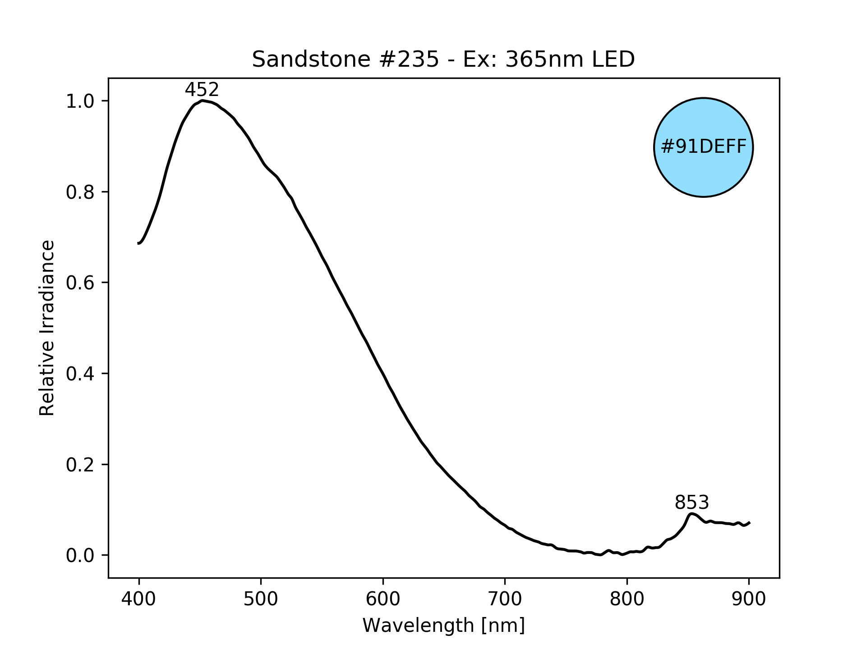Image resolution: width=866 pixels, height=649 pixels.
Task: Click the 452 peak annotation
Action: coord(202,90)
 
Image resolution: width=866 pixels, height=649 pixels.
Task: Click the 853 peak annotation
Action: coord(691,503)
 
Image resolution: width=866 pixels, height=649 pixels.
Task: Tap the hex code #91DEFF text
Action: coord(703,147)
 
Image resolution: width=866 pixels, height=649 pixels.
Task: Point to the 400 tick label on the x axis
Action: coord(138,599)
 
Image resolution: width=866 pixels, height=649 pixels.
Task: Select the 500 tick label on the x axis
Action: coord(261,599)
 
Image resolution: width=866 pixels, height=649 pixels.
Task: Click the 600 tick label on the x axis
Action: coord(383,599)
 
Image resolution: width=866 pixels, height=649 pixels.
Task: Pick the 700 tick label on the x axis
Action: coord(505,599)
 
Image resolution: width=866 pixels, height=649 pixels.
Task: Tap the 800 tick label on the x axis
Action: coord(627,599)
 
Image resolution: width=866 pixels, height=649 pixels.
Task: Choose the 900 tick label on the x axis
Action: coord(749,599)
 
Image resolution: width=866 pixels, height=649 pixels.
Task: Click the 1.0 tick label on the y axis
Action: coord(80,101)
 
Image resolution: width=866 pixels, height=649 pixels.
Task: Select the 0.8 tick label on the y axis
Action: coord(80,192)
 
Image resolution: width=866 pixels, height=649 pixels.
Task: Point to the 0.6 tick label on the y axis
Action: coord(80,283)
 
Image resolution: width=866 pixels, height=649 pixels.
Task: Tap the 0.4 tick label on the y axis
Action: coord(80,374)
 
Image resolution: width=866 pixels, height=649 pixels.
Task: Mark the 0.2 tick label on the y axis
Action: coord(80,465)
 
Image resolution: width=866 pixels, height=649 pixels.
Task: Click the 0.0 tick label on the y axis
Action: coord(80,556)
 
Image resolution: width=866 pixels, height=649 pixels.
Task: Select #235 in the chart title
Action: coord(408,59)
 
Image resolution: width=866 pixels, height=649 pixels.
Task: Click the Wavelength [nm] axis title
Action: coord(443,626)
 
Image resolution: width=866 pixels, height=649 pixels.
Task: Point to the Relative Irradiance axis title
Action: coord(47,328)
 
